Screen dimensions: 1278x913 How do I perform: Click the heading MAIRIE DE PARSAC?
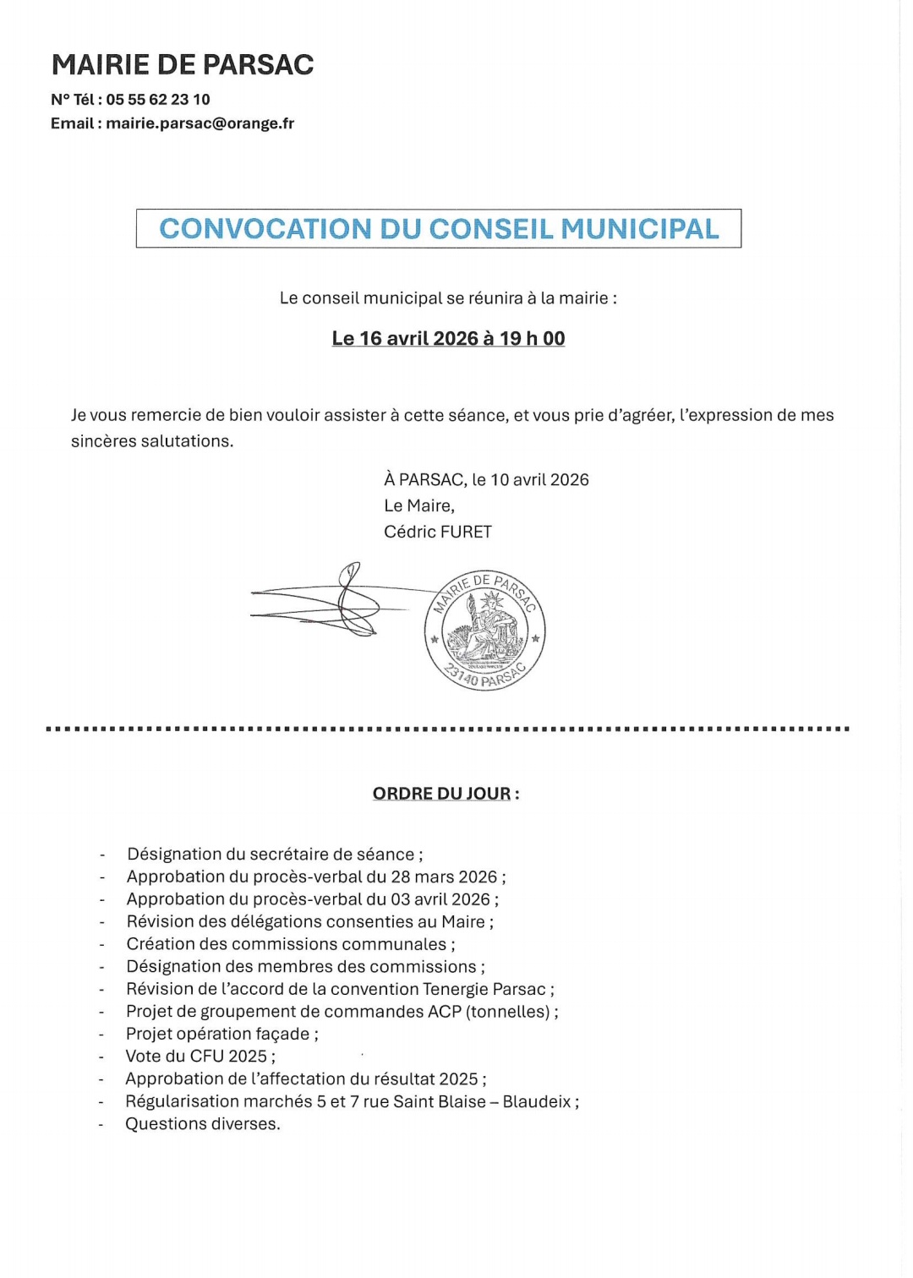pyautogui.click(x=183, y=65)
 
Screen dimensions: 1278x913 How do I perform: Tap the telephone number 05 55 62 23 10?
pyautogui.click(x=158, y=100)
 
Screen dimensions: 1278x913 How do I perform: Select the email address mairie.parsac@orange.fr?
pyautogui.click(x=200, y=123)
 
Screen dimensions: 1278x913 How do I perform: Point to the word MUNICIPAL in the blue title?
pyautogui.click(x=640, y=229)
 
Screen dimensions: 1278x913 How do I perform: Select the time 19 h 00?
pyautogui.click(x=533, y=339)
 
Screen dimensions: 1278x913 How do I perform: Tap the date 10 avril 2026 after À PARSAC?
pyautogui.click(x=539, y=480)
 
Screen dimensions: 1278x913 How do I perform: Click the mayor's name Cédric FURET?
pyautogui.click(x=438, y=532)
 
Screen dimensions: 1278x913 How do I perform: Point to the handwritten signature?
pyautogui.click(x=338, y=602)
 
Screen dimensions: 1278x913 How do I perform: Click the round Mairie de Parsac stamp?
pyautogui.click(x=484, y=630)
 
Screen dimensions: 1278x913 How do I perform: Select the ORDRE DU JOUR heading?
pyautogui.click(x=442, y=794)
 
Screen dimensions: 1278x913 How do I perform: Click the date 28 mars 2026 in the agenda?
pyautogui.click(x=444, y=877)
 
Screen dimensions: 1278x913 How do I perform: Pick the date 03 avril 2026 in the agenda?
pyautogui.click(x=440, y=899)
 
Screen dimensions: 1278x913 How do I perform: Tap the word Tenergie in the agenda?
pyautogui.click(x=455, y=989)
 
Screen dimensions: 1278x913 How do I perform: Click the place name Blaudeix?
pyautogui.click(x=537, y=1101)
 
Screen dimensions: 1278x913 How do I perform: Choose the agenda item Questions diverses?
pyautogui.click(x=203, y=1124)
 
